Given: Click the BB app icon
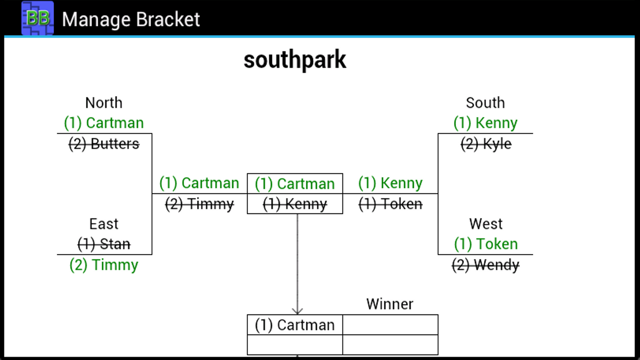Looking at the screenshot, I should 37,18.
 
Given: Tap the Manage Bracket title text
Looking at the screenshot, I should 131,19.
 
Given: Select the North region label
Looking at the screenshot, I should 103,102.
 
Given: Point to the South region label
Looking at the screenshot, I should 485,102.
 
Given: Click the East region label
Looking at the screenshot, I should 103,223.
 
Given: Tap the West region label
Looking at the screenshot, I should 485,223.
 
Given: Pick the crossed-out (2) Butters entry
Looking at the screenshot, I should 103,144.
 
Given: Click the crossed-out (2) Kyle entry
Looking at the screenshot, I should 485,144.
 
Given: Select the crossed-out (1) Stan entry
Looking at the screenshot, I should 103,244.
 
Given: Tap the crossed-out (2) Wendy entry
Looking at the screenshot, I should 485,264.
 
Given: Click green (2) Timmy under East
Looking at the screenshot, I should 103,264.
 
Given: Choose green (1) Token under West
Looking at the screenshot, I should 485,244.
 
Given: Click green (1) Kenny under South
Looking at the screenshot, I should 485,123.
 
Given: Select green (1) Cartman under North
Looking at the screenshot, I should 103,123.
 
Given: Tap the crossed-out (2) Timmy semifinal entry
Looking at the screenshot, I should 199,204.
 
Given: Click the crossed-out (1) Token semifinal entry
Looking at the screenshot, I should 390,204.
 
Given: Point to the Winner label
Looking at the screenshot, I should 389,304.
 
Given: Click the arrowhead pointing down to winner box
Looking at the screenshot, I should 297,310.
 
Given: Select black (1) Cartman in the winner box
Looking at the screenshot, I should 294,325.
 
